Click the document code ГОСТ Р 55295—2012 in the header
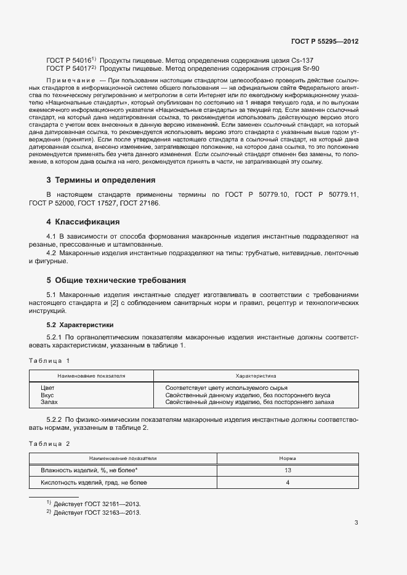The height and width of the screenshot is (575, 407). point(324,41)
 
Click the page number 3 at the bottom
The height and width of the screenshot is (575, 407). point(356,523)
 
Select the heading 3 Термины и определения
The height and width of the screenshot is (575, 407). point(100,180)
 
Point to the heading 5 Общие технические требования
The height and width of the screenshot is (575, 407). point(116,279)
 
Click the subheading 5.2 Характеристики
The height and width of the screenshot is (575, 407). point(80,324)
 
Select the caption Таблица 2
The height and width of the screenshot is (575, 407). point(50,443)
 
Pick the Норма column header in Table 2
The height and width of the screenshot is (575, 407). point(287,458)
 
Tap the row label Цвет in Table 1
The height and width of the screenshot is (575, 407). point(47,388)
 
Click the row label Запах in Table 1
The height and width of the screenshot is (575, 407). point(49,402)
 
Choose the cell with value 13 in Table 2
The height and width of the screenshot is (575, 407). point(287,470)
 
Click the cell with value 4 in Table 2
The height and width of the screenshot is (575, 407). point(287,483)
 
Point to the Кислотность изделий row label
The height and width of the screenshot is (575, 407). point(94,483)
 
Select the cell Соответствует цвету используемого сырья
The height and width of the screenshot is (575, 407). point(226,388)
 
